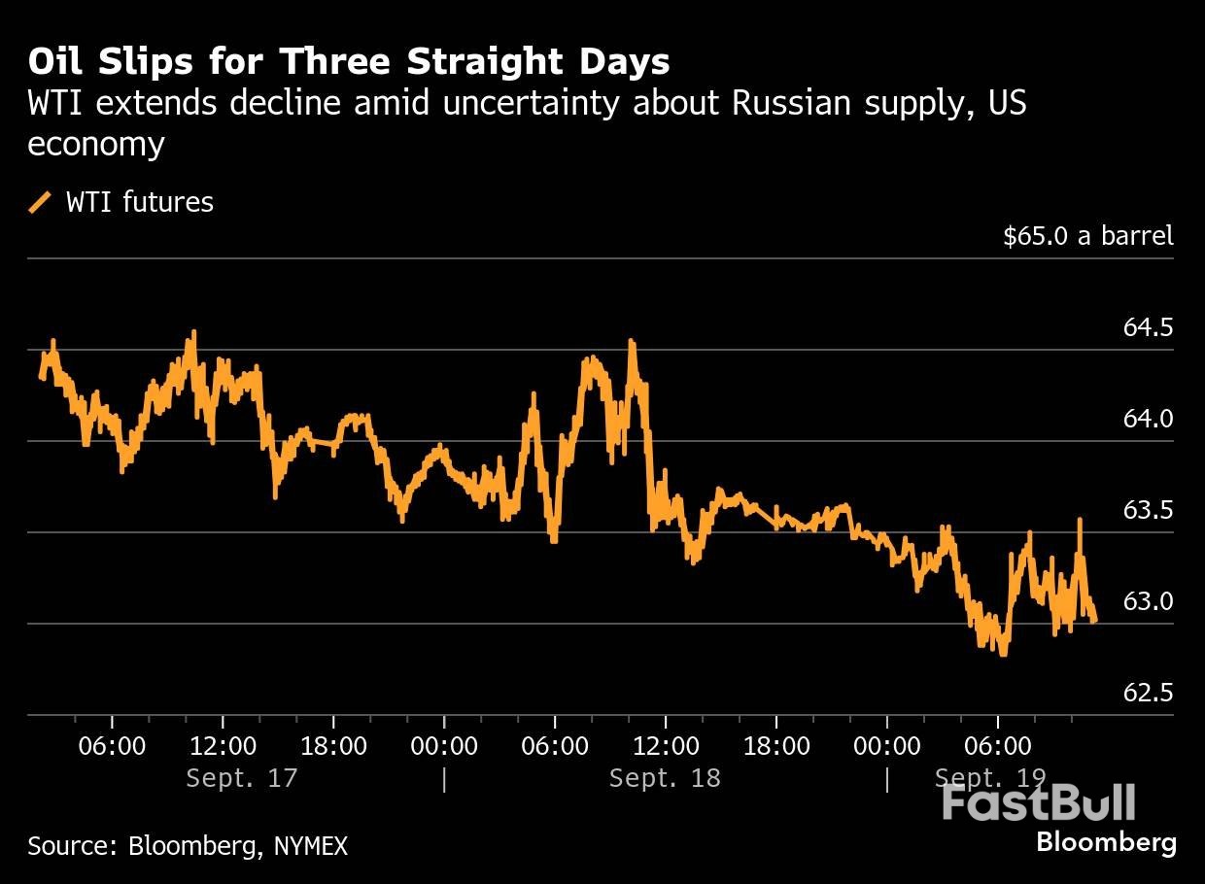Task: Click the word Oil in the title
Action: click(54, 62)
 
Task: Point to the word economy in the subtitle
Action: click(95, 144)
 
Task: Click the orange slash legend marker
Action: click(41, 202)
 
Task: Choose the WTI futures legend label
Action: click(139, 202)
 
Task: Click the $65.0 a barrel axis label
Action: click(1087, 236)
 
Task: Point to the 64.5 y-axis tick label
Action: click(1148, 328)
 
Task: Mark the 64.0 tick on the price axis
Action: click(1148, 420)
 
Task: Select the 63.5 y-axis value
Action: click(1148, 511)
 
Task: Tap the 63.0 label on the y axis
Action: click(1148, 602)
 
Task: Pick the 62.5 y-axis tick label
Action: click(1148, 694)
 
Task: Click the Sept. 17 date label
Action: click(241, 778)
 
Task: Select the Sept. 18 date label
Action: click(665, 778)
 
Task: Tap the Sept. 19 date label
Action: click(989, 778)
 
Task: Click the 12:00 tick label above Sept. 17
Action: click(223, 747)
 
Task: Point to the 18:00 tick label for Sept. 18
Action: click(775, 747)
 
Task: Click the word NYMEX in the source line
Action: click(309, 846)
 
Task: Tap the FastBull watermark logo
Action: click(1038, 803)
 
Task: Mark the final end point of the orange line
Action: click(1095, 621)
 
